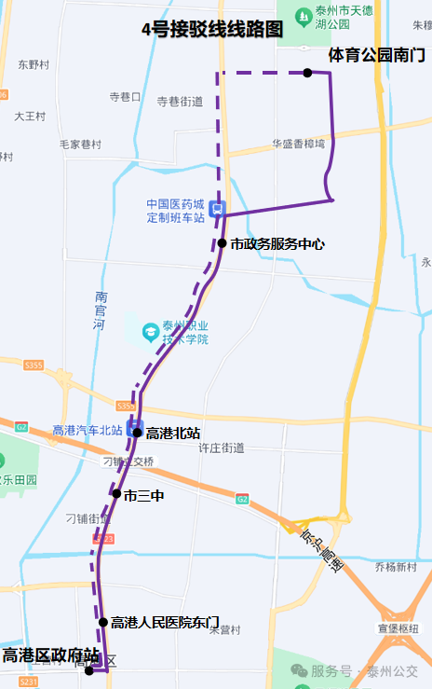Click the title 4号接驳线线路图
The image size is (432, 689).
click(x=211, y=29)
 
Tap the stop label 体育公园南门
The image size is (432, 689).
click(x=376, y=56)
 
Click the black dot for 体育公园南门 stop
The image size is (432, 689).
click(x=306, y=73)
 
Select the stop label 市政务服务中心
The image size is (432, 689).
click(x=277, y=244)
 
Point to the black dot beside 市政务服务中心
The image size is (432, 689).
click(x=223, y=243)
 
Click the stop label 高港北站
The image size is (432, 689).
click(x=173, y=433)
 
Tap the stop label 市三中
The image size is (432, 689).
click(x=144, y=495)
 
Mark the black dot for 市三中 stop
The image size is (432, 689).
click(x=116, y=494)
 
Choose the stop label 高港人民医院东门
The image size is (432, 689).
click(x=165, y=622)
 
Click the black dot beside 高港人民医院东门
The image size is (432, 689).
click(x=103, y=622)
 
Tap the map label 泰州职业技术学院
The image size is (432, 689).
click(x=185, y=332)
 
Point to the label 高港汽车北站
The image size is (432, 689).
click(x=88, y=430)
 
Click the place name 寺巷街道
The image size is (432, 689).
click(x=180, y=102)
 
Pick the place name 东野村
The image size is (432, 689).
click(x=33, y=65)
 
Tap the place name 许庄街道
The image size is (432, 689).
click(x=222, y=448)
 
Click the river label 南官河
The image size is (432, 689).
click(x=101, y=311)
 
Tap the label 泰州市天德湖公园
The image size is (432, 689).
click(x=344, y=19)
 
